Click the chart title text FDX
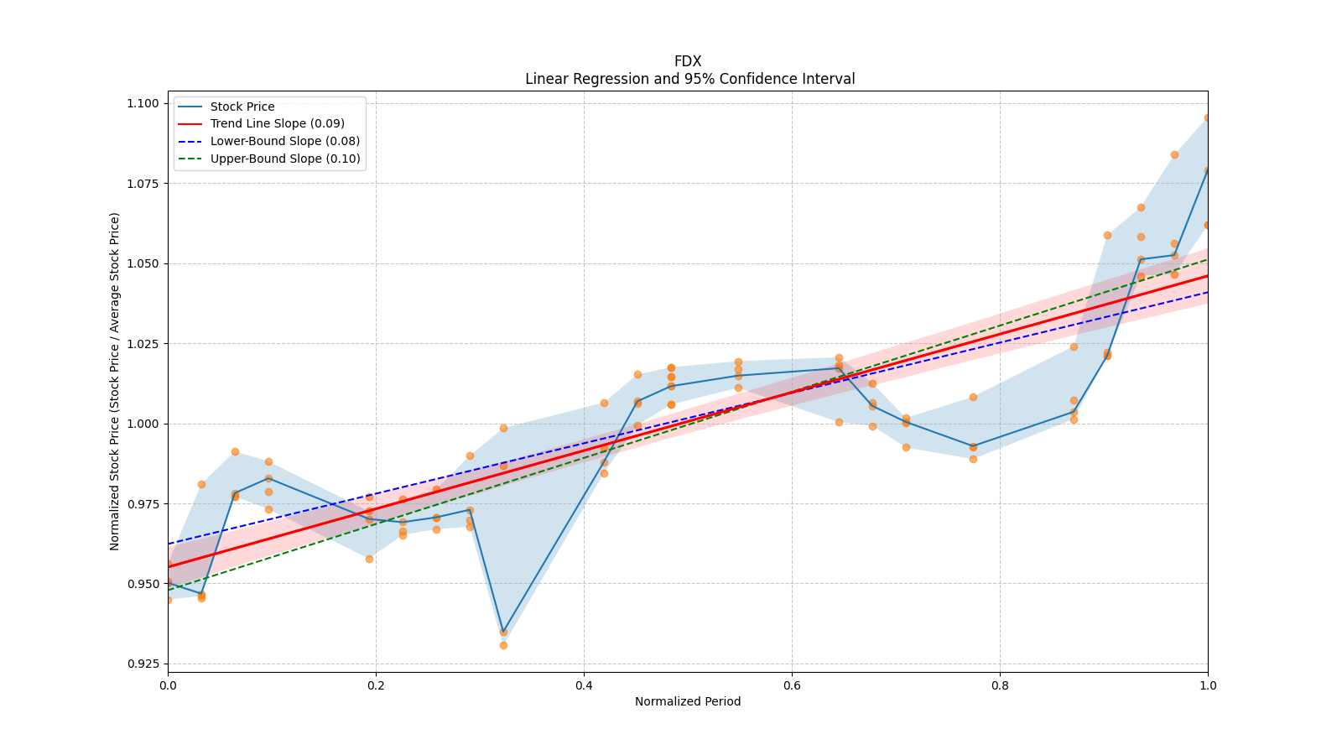(688, 61)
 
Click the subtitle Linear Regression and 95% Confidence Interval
(689, 79)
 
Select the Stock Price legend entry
(242, 107)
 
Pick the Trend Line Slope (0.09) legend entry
(277, 123)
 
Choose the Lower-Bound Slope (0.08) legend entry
(284, 141)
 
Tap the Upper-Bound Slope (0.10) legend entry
(285, 159)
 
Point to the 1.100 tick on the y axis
(142, 103)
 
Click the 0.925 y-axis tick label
(142, 664)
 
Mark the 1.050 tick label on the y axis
(142, 263)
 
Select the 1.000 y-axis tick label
(142, 424)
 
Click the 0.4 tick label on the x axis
(584, 685)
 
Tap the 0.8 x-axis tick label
(1000, 685)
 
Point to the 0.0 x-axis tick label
(168, 685)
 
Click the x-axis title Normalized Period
(688, 701)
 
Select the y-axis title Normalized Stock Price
(115, 381)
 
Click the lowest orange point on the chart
(503, 645)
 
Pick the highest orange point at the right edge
(1207, 117)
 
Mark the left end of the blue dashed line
(169, 544)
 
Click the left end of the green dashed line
(169, 590)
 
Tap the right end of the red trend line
(1207, 276)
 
